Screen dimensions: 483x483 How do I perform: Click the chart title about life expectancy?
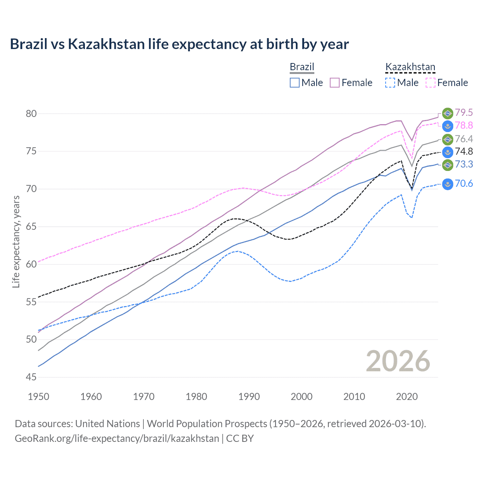coord(179,44)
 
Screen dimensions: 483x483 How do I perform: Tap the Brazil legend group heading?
coord(302,67)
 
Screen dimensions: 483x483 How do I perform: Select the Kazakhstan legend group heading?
coord(410,67)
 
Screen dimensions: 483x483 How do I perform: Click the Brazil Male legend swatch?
coord(295,83)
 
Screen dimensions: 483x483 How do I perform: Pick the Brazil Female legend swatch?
coord(335,83)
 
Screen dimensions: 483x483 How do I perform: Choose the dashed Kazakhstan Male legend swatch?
coord(390,83)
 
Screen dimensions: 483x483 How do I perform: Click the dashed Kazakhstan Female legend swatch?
coord(431,83)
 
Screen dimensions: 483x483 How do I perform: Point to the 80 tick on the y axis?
coord(31,114)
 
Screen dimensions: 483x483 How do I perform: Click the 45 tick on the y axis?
coord(31,377)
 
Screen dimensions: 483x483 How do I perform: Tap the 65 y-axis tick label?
coord(31,227)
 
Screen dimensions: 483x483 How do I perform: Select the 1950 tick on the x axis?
coord(38,397)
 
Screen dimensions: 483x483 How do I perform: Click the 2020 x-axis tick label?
coord(407,397)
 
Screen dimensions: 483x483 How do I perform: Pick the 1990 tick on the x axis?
coord(249,397)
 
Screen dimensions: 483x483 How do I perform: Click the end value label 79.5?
coord(464,113)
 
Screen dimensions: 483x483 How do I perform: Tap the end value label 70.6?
coord(464,184)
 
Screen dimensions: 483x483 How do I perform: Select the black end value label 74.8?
coord(464,152)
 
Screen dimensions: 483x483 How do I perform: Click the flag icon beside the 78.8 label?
coord(448,126)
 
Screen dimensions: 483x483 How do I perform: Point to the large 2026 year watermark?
coord(398,361)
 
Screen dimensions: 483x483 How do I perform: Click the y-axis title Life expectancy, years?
coord(16,241)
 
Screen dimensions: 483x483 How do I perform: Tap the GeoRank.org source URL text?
coord(117,438)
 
